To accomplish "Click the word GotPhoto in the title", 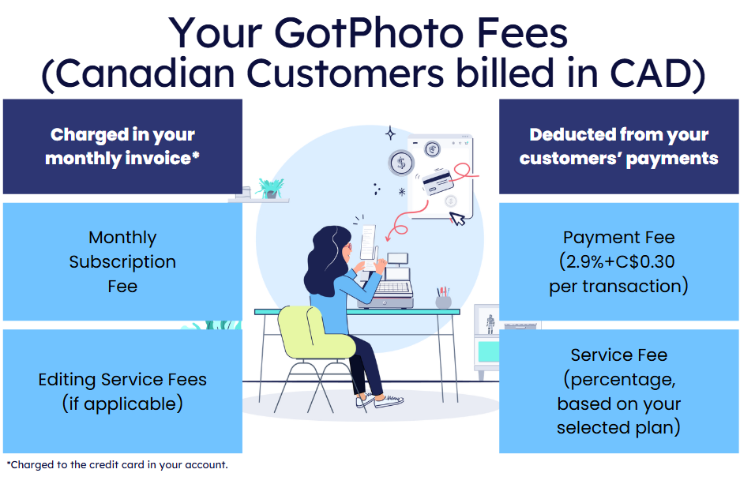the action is pyautogui.click(x=369, y=33).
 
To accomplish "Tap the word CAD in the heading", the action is pyautogui.click(x=650, y=73).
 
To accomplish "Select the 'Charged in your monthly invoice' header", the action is pyautogui.click(x=122, y=146).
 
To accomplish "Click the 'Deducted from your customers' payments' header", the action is pyautogui.click(x=618, y=146).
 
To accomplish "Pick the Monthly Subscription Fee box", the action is pyautogui.click(x=122, y=261).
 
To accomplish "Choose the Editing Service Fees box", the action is pyautogui.click(x=122, y=391).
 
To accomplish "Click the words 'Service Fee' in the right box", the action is pyautogui.click(x=618, y=355).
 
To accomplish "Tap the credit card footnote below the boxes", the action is pyautogui.click(x=117, y=465).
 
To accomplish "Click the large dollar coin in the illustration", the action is pyautogui.click(x=401, y=163).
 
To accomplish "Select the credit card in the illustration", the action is pyautogui.click(x=438, y=182).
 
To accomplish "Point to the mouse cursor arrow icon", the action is pyautogui.click(x=456, y=219).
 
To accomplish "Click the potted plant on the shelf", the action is pyautogui.click(x=270, y=188).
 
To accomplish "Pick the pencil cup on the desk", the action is pyautogui.click(x=443, y=298).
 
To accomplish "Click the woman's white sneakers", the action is pyautogui.click(x=380, y=401).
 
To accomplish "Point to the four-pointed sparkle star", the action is pyautogui.click(x=390, y=133).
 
